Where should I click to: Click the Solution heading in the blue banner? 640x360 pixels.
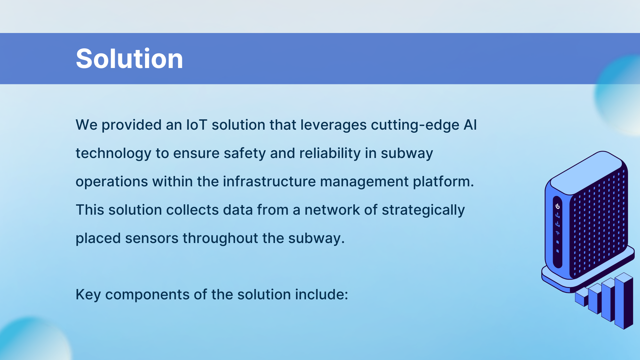point(129,59)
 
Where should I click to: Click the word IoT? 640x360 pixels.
point(197,125)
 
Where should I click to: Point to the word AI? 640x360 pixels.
point(470,125)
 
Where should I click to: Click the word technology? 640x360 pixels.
point(113,154)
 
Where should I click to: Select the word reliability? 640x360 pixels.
point(330,154)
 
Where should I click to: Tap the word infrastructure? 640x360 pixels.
point(269,182)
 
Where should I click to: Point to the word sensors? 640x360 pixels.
point(152,239)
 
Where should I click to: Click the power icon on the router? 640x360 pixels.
point(558,206)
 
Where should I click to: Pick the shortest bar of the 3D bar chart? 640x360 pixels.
point(582,297)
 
